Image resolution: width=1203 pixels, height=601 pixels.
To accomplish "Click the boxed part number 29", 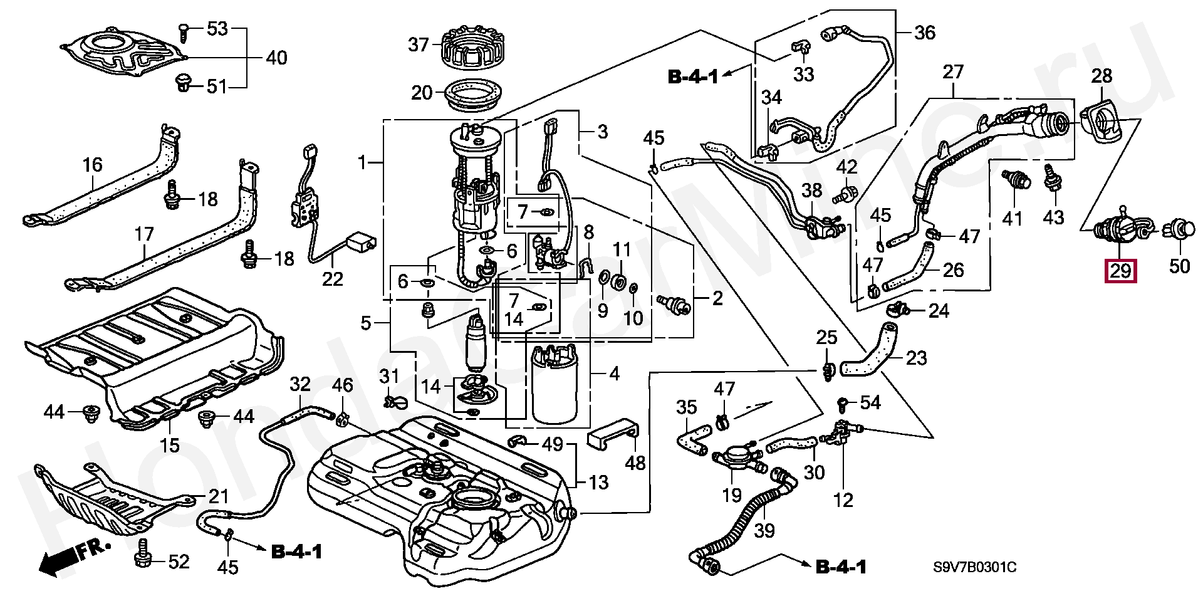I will point(1120,271).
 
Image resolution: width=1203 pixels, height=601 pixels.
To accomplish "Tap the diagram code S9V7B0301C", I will point(975,568).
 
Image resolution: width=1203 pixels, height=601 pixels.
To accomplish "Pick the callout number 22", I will point(333,279).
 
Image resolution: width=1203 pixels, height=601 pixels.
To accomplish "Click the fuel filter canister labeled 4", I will point(554,385).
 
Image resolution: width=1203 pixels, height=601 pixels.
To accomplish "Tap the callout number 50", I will point(1179,266).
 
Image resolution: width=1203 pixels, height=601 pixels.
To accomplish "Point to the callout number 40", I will point(276,58).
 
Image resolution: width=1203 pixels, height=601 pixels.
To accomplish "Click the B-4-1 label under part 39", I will point(841,568).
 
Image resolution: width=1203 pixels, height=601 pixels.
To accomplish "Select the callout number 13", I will point(598,483).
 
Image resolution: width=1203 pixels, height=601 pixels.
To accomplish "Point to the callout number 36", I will point(925,33).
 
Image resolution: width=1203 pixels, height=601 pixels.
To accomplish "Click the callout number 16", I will point(92,165).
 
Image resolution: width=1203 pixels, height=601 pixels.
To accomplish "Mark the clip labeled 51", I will point(184,81).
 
